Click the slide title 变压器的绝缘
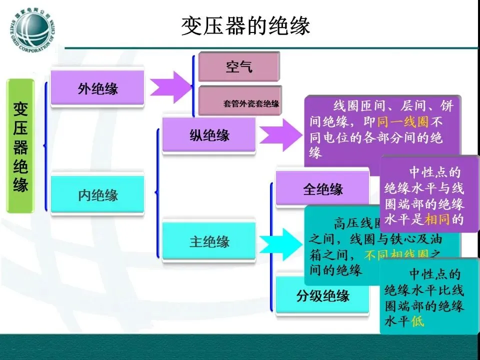[245, 25]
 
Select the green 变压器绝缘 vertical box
[20, 146]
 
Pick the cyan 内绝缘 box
[97, 194]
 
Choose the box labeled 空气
[239, 66]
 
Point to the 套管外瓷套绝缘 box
[240, 102]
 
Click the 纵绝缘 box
[209, 135]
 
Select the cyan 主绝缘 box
[209, 241]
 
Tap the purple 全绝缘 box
[322, 189]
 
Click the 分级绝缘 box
[322, 295]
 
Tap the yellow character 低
[417, 321]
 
